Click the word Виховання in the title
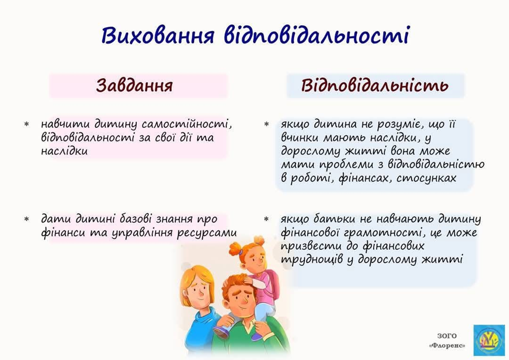coord(158,35)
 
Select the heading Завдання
coord(134,86)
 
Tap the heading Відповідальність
coord(375,86)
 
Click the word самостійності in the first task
coord(187,124)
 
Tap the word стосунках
coord(426,178)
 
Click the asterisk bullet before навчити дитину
coord(27,124)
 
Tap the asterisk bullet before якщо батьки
coord(267,219)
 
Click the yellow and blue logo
coord(489,340)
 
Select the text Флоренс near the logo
coord(447,346)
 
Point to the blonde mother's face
coord(198,293)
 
